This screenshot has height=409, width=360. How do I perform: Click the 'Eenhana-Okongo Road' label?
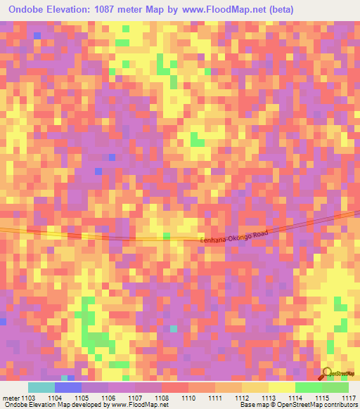point(234,235)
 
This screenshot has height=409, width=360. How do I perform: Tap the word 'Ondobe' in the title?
point(28,10)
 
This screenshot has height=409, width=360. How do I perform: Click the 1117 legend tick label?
point(349,397)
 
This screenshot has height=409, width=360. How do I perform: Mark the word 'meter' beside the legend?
point(12,397)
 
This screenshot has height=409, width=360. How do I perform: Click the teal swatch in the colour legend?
point(41,387)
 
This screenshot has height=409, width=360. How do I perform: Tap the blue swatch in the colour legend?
point(68,387)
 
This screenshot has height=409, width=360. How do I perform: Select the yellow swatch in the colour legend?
point(282,387)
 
